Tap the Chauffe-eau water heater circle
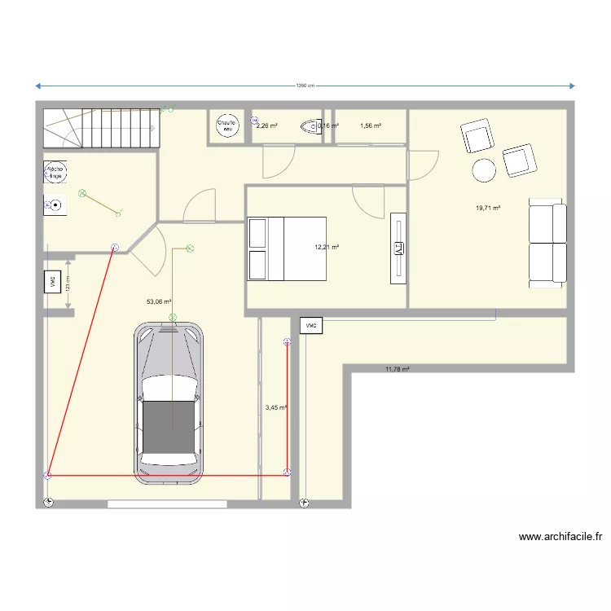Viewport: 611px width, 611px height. (x=226, y=125)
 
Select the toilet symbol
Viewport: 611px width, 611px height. (x=310, y=126)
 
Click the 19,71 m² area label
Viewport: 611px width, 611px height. (x=487, y=208)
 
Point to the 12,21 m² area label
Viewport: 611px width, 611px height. (x=327, y=247)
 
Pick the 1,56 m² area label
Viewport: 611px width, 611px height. (x=371, y=126)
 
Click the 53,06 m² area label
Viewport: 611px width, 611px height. (x=158, y=301)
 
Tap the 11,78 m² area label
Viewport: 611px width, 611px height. (x=397, y=369)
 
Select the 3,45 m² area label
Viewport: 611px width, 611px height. (x=275, y=407)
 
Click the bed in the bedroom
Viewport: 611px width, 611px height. (x=286, y=248)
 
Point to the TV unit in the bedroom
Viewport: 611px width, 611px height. (x=398, y=249)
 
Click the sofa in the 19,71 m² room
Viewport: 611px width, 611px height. (x=547, y=243)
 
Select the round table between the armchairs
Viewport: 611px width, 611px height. (x=484, y=170)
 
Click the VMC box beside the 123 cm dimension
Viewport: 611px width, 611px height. (x=52, y=282)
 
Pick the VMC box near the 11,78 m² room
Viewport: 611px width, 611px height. (x=310, y=326)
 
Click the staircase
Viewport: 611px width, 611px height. (x=99, y=129)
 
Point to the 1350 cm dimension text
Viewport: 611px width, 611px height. (x=305, y=86)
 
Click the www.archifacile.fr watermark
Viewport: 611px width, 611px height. (x=560, y=538)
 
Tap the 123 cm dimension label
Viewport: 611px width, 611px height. (x=68, y=282)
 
